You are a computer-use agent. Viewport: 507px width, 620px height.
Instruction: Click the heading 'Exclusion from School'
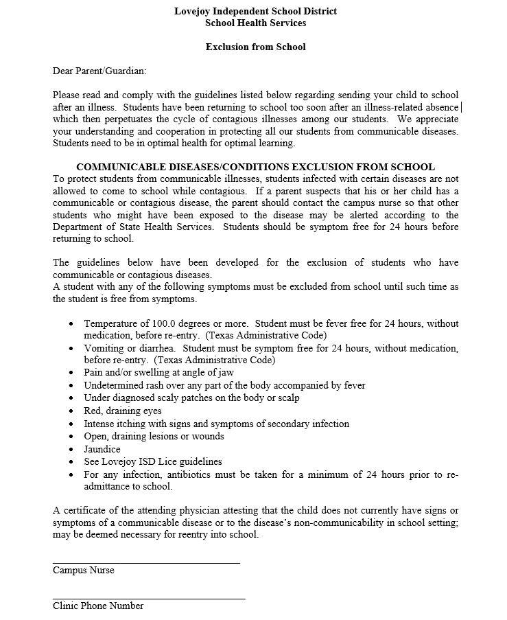(x=255, y=47)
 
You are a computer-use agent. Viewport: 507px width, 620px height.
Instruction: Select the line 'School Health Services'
(x=255, y=23)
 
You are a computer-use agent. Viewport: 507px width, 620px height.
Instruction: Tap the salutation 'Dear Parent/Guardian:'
(x=99, y=71)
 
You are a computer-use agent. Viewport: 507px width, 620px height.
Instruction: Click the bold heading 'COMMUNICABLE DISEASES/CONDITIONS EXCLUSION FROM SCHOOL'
(x=255, y=167)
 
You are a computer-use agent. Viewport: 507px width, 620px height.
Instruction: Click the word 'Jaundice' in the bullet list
(x=102, y=449)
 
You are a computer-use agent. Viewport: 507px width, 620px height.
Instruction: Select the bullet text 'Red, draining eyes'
(x=123, y=411)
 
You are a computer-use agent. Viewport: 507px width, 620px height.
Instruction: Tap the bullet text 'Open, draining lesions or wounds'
(x=154, y=436)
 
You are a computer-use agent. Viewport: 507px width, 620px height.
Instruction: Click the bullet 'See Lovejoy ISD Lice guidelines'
(x=153, y=461)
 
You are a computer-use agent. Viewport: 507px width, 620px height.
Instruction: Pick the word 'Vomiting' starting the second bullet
(x=103, y=348)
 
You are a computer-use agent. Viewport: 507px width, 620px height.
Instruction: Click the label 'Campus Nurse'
(x=84, y=571)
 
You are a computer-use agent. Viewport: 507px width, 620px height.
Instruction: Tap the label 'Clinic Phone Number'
(x=98, y=606)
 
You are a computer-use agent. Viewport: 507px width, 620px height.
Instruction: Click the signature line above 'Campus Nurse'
(x=146, y=563)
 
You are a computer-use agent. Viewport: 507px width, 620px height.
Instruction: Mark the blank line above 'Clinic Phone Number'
(x=149, y=599)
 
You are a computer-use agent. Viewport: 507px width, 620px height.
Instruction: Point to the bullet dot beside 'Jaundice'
(x=73, y=450)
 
